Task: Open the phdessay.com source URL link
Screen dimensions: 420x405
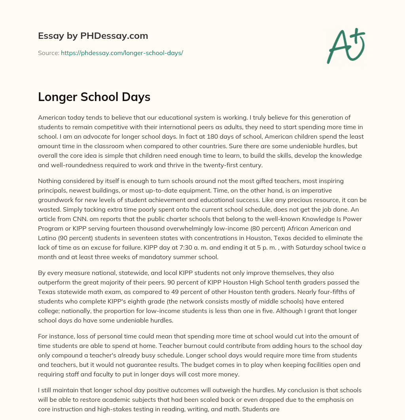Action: point(122,52)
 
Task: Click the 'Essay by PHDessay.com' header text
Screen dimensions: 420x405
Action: point(93,36)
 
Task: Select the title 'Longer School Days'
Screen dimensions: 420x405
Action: point(94,97)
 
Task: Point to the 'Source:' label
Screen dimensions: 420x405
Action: point(48,52)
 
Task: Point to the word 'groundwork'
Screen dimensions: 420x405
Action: point(56,200)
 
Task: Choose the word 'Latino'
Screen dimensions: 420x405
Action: point(47,238)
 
